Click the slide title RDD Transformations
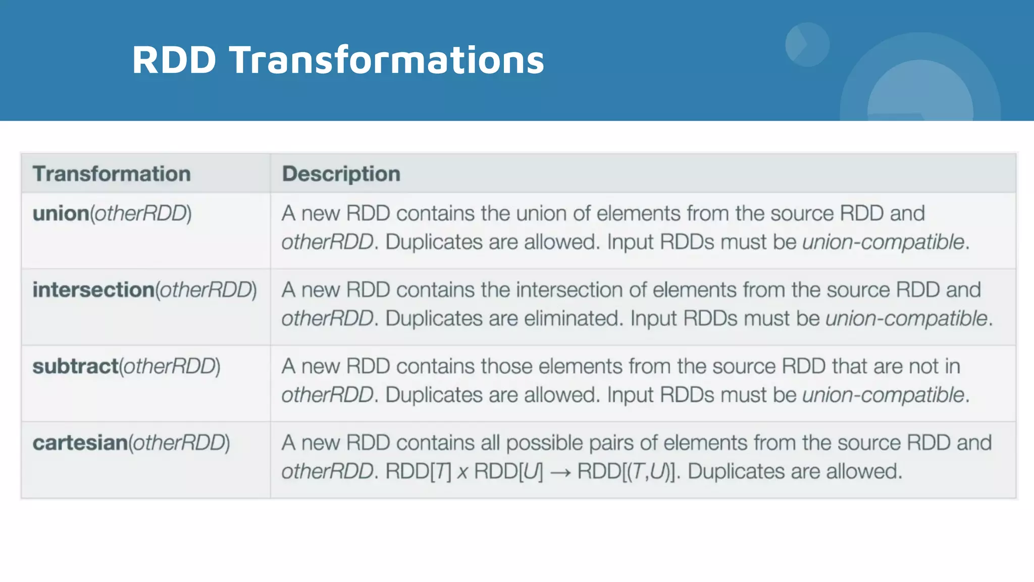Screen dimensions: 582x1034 [x=338, y=60]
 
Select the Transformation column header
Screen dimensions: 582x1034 [x=112, y=174]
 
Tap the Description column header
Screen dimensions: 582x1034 [x=341, y=174]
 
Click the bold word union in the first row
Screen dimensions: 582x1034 [x=61, y=214]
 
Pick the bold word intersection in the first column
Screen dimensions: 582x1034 [x=93, y=290]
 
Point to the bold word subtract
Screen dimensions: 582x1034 [x=75, y=366]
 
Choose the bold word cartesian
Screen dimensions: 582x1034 [x=80, y=443]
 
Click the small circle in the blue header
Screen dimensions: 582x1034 [x=807, y=44]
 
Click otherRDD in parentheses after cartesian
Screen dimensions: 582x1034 [x=179, y=443]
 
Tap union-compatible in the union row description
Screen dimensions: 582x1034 [x=883, y=243]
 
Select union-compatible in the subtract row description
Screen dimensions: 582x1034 [x=883, y=395]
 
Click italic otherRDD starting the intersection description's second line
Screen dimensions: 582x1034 [x=327, y=319]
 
